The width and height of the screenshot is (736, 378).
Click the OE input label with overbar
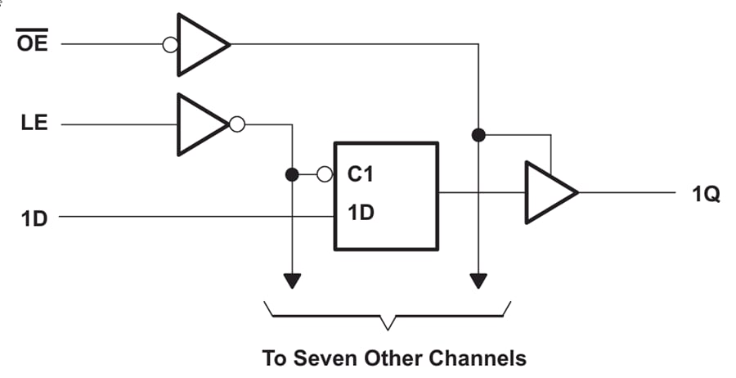click(33, 43)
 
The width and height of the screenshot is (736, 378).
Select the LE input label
click(34, 124)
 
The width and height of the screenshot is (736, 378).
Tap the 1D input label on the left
click(34, 218)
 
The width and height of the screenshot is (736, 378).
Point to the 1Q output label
click(704, 194)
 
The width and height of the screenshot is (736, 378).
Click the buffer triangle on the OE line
click(201, 44)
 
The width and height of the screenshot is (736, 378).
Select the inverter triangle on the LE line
click(200, 124)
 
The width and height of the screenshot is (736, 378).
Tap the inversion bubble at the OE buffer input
click(170, 44)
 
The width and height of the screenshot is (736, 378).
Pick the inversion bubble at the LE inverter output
click(237, 124)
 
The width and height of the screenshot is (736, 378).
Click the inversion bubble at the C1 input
click(325, 174)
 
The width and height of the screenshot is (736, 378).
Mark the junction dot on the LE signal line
click(291, 174)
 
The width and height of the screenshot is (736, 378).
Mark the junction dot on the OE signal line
click(478, 133)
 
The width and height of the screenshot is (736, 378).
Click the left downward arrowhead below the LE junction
click(291, 281)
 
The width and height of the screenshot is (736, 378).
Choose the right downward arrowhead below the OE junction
click(478, 281)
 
